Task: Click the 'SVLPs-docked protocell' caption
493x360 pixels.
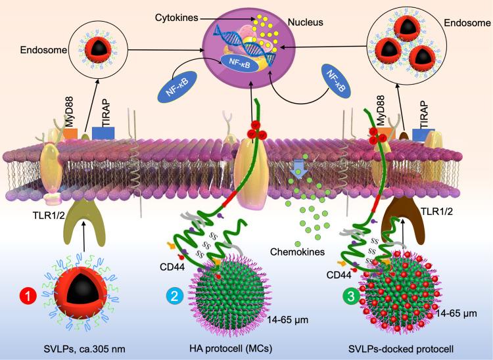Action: (x=408, y=346)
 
